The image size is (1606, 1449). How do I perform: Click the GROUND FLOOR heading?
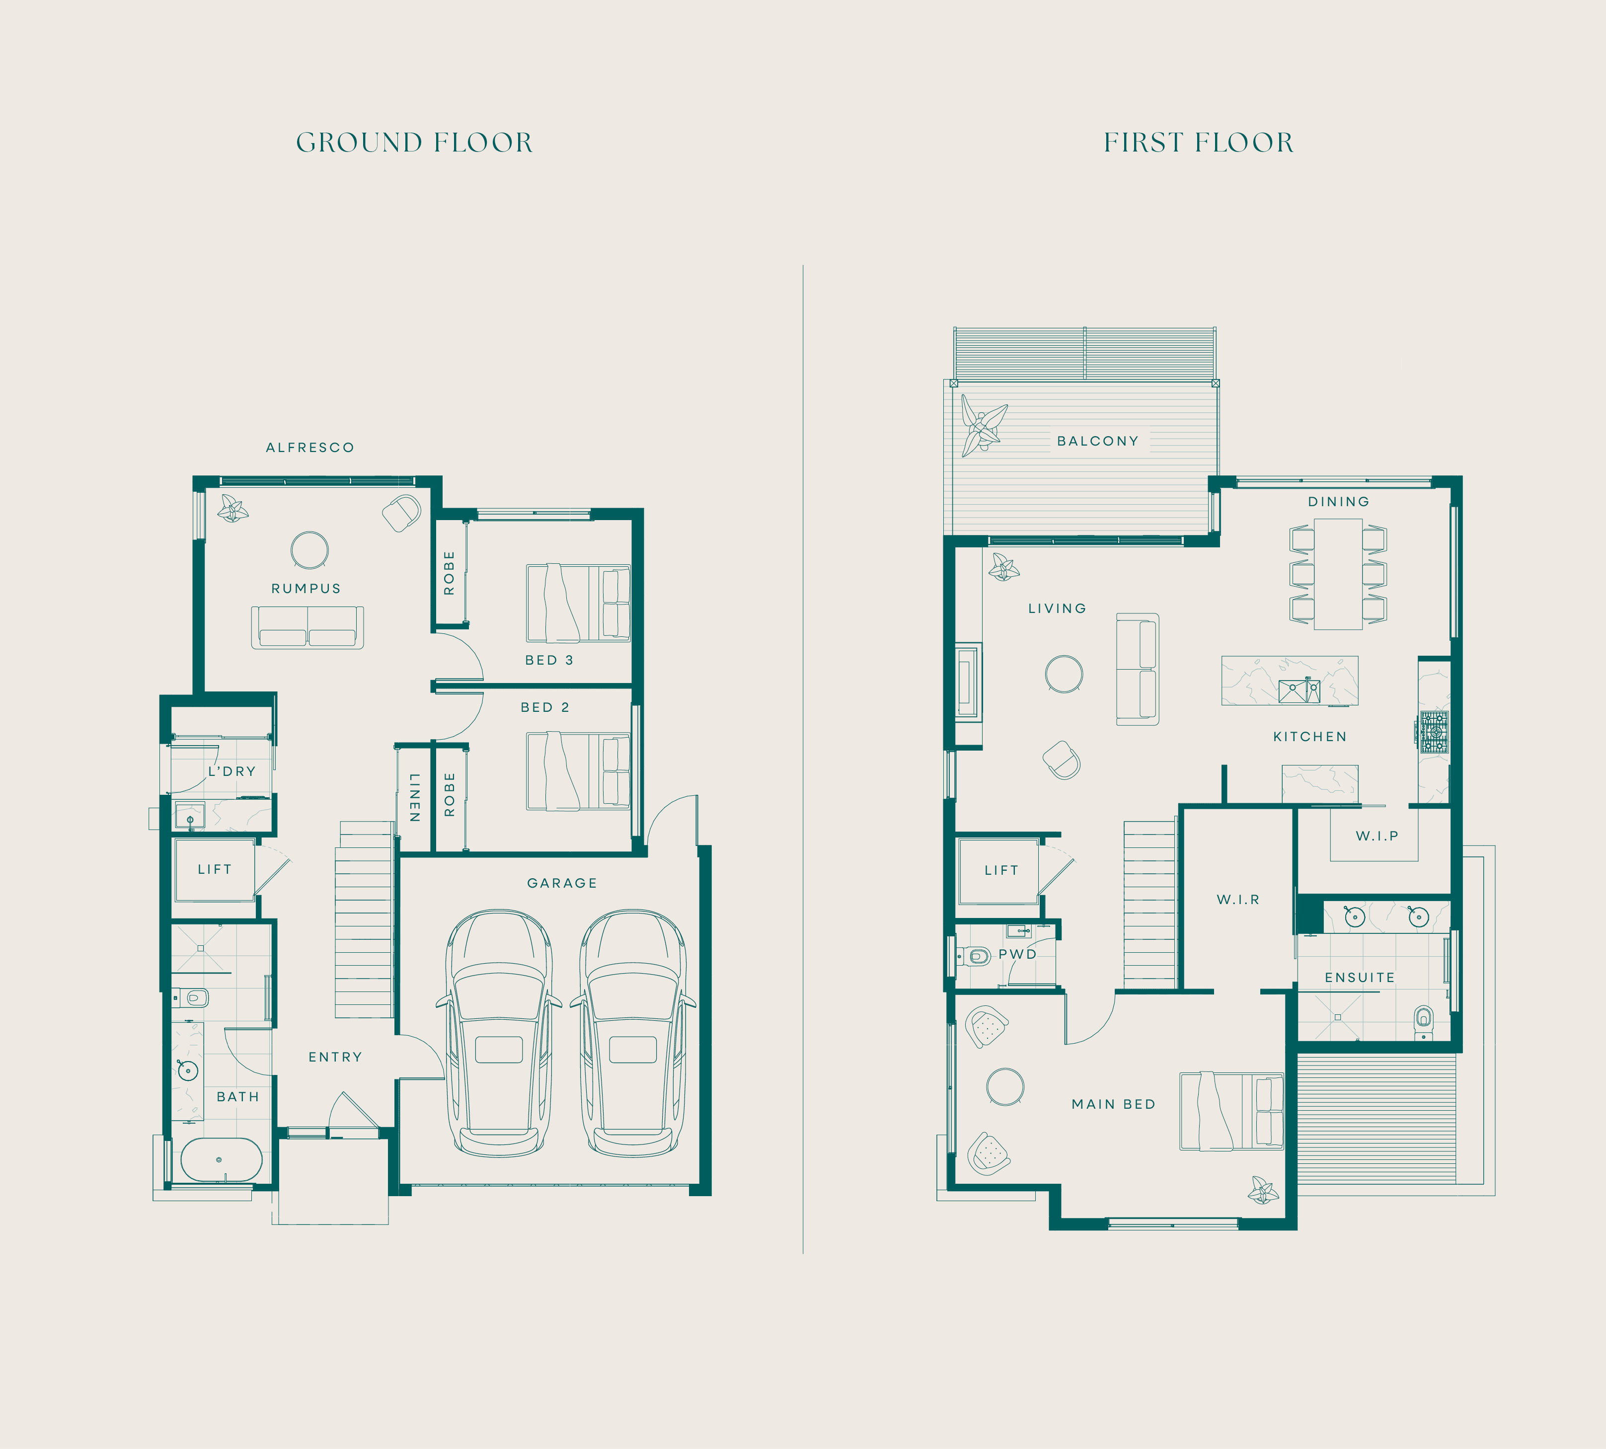[414, 143]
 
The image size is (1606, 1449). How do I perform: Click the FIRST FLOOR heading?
[1198, 143]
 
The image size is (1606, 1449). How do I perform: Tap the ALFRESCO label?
[310, 448]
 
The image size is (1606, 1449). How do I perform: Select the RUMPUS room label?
[306, 588]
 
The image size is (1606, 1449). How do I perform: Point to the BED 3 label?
[548, 660]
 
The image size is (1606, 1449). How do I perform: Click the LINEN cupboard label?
[414, 797]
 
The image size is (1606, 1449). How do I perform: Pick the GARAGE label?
[561, 883]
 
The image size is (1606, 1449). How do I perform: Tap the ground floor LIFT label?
[214, 869]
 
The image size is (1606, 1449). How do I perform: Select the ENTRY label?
[335, 1057]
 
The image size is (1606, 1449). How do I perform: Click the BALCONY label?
[1097, 441]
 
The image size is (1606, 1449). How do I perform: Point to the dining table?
[1338, 574]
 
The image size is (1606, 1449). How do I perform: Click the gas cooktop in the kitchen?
[1433, 732]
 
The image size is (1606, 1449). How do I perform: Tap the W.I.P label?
[1377, 836]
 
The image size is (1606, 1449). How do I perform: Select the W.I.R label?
[1237, 900]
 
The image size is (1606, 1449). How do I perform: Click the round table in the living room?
[1064, 674]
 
